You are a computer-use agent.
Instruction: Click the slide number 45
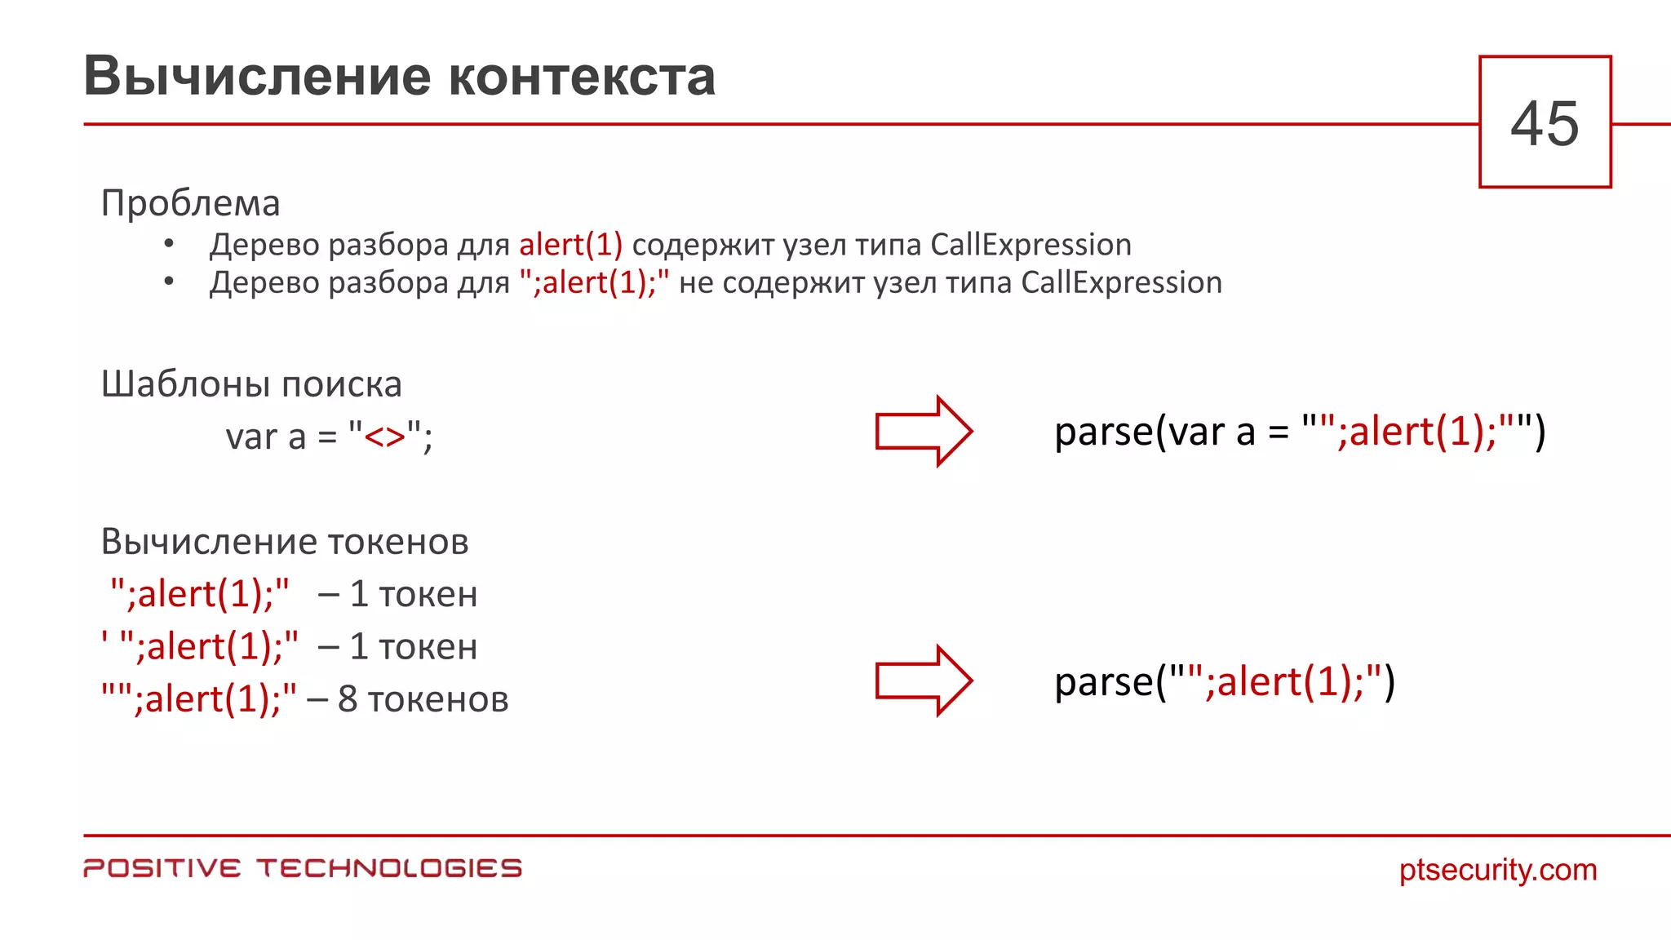point(1545,124)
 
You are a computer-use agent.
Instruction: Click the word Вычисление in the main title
point(257,77)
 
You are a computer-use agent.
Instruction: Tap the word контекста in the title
point(582,77)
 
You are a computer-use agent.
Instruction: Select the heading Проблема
point(190,203)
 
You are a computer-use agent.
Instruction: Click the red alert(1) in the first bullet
point(570,245)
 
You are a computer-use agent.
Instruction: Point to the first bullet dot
point(169,243)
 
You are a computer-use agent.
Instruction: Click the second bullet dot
point(169,282)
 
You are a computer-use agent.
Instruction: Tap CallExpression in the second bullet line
point(1121,282)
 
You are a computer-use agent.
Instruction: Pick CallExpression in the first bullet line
point(1031,245)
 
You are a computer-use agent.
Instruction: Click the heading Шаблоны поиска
point(251,384)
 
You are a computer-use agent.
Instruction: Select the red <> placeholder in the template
point(384,437)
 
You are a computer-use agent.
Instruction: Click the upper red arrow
point(923,431)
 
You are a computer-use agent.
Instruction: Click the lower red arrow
point(923,681)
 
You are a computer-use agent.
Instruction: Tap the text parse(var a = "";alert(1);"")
point(1299,432)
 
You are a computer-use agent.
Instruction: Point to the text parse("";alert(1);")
point(1224,681)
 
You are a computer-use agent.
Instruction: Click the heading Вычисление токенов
point(285,542)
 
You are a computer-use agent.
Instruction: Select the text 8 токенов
point(423,699)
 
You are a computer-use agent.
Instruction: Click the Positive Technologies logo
point(302,868)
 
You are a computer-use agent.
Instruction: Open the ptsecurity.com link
point(1498,870)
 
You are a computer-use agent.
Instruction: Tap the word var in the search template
point(251,437)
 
